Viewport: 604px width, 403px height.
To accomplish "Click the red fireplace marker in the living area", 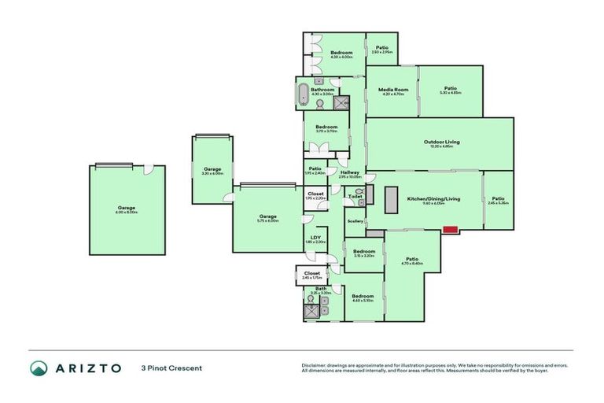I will [x=451, y=230].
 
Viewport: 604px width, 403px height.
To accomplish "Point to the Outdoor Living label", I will [x=441, y=142].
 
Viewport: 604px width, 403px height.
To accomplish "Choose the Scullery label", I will [x=355, y=221].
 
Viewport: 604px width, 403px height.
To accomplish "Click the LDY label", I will [x=315, y=237].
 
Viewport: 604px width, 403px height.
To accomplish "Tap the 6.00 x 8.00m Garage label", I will [x=127, y=208].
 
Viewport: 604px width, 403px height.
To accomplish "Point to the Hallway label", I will [x=350, y=172].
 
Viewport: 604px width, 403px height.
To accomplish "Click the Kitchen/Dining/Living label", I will [x=433, y=198].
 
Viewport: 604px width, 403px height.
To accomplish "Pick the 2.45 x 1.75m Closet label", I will [x=312, y=273].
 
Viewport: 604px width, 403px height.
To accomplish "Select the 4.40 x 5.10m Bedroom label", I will [x=363, y=295].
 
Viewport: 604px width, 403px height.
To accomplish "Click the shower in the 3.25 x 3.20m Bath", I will [x=313, y=311].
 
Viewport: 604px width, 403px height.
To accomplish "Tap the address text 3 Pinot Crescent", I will [x=171, y=368].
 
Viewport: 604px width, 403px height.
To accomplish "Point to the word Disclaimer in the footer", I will [x=315, y=365].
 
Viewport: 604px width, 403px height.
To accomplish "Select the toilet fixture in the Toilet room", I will [x=358, y=192].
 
